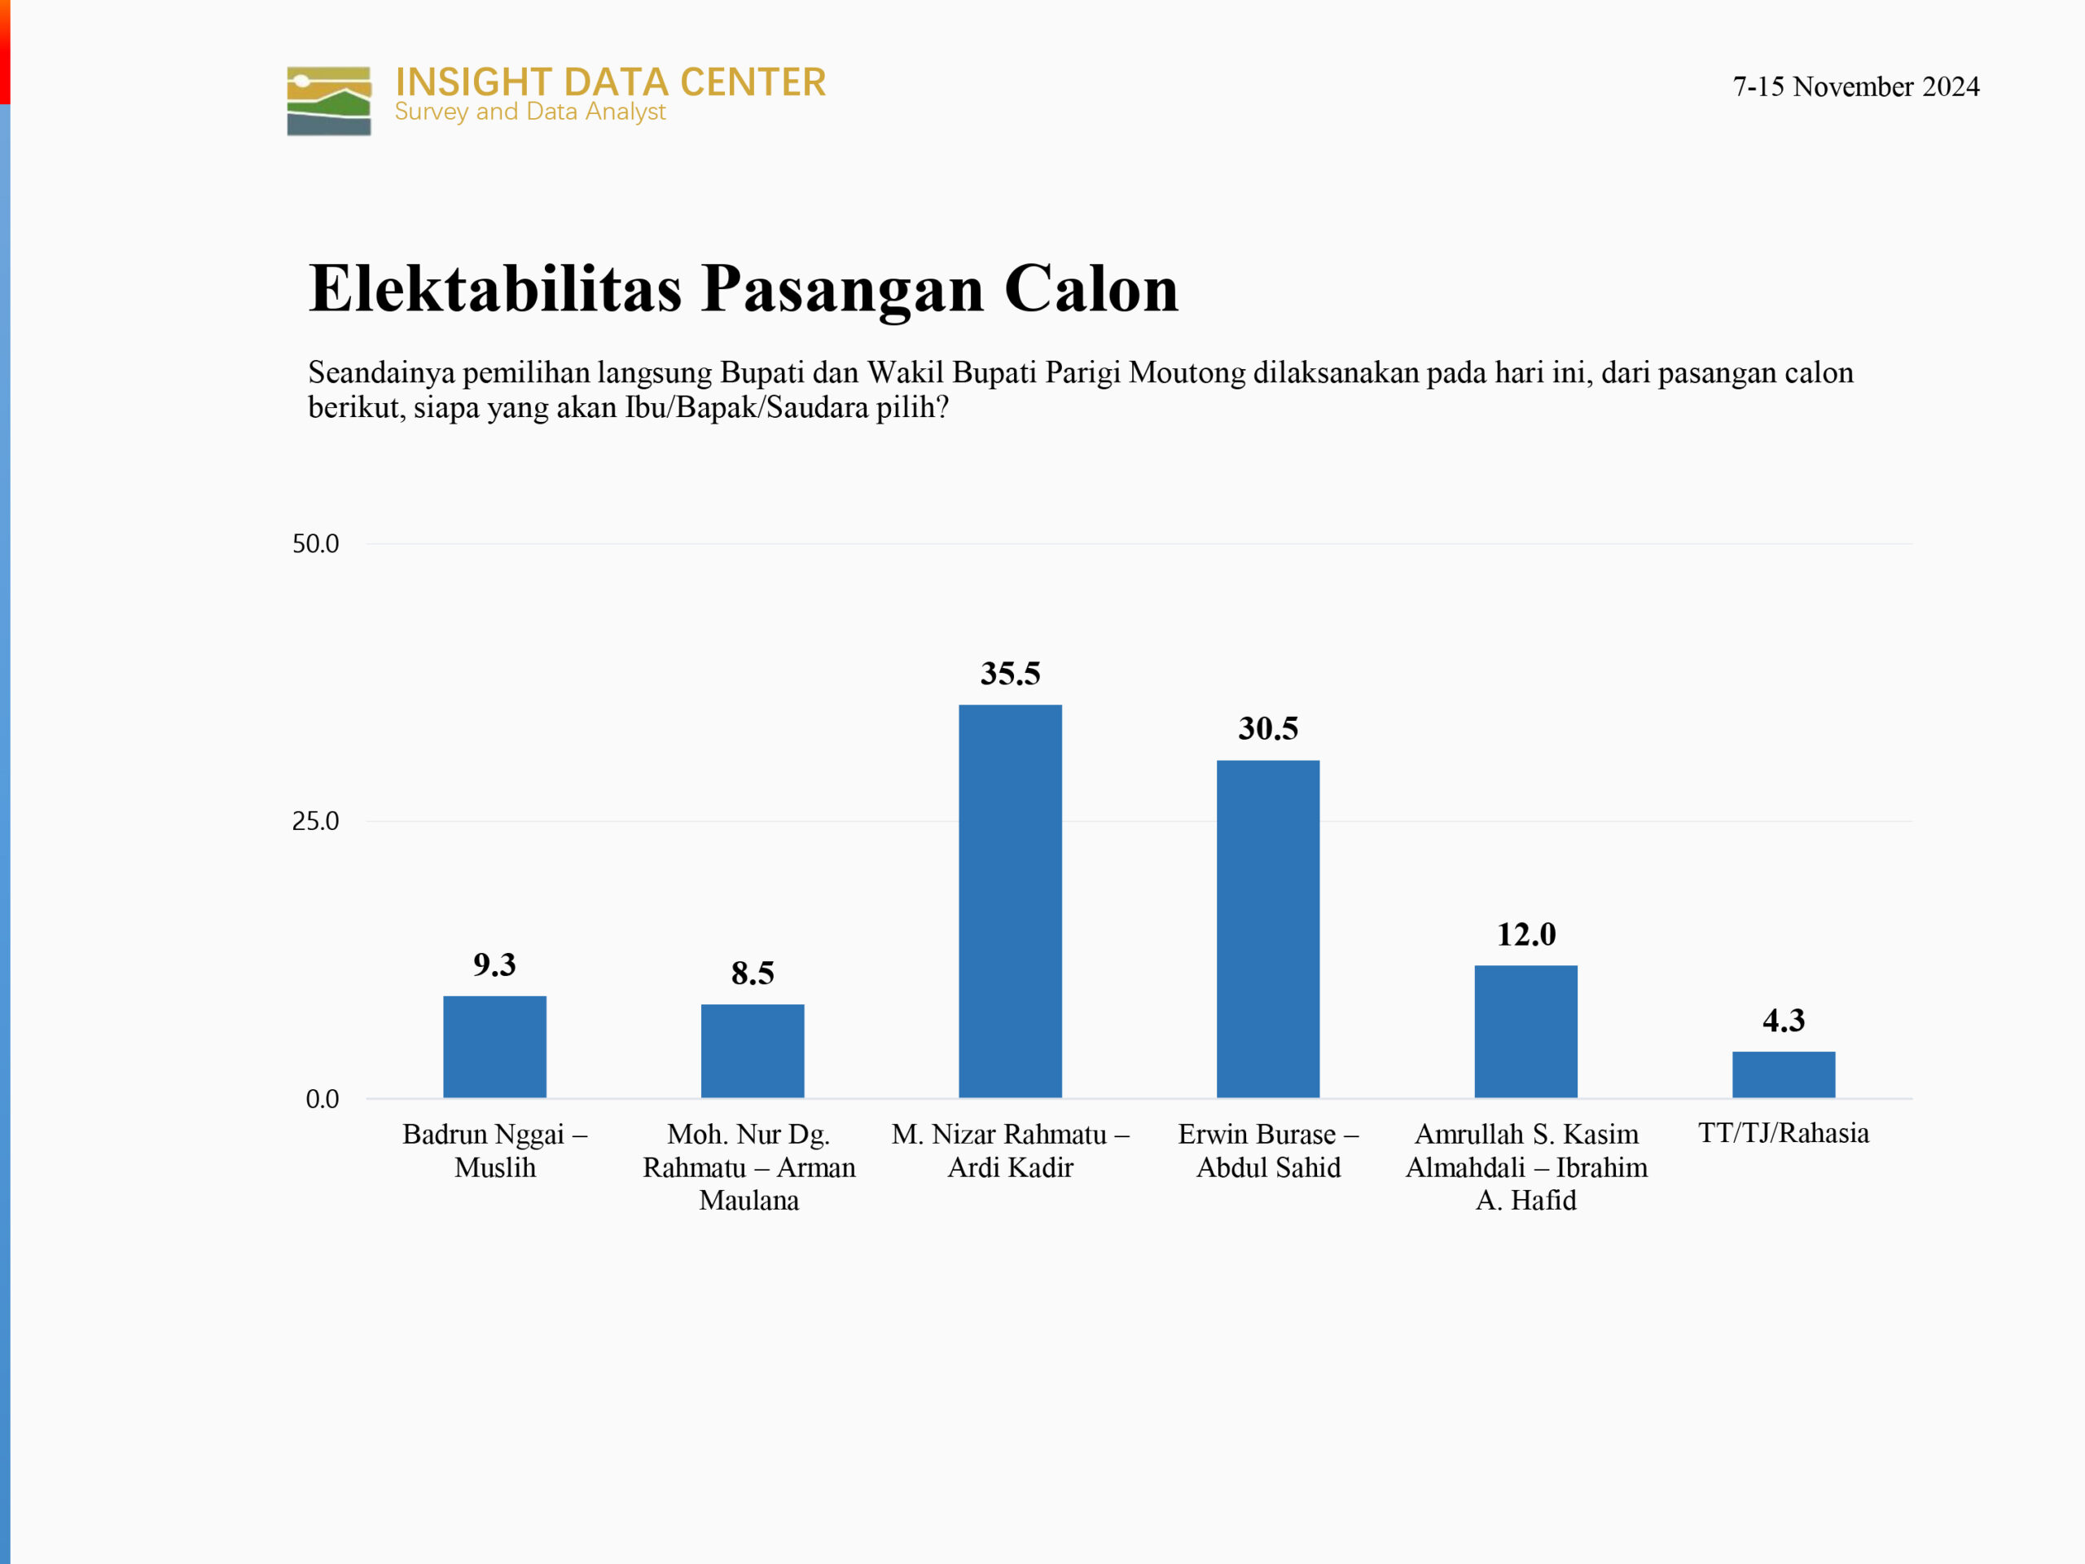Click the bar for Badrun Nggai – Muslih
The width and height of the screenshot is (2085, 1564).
tap(495, 1047)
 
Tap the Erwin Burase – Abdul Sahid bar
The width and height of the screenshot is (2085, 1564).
tap(1268, 929)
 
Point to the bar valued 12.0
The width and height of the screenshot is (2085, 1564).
tap(1526, 1031)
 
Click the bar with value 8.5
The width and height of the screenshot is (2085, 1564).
tap(753, 1051)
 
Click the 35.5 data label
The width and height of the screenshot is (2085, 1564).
tap(1011, 673)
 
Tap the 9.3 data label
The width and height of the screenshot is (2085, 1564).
tap(495, 964)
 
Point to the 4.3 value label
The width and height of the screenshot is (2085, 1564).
tap(1784, 1020)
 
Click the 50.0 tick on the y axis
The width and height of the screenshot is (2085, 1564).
tap(315, 544)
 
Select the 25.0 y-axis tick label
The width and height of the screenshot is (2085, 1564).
tap(315, 821)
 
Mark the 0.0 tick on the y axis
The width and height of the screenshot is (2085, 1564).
tap(322, 1099)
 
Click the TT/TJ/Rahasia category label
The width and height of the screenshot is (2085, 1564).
tap(1784, 1133)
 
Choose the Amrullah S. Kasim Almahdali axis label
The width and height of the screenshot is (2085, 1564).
tap(1526, 1167)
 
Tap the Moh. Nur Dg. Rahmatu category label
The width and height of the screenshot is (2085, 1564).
tap(749, 1167)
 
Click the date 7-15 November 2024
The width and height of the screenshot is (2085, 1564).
tap(1856, 86)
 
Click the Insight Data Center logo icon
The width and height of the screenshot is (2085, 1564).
tap(329, 101)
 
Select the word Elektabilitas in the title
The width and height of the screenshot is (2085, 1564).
tap(495, 288)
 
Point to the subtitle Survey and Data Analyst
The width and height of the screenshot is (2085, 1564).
tap(529, 112)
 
